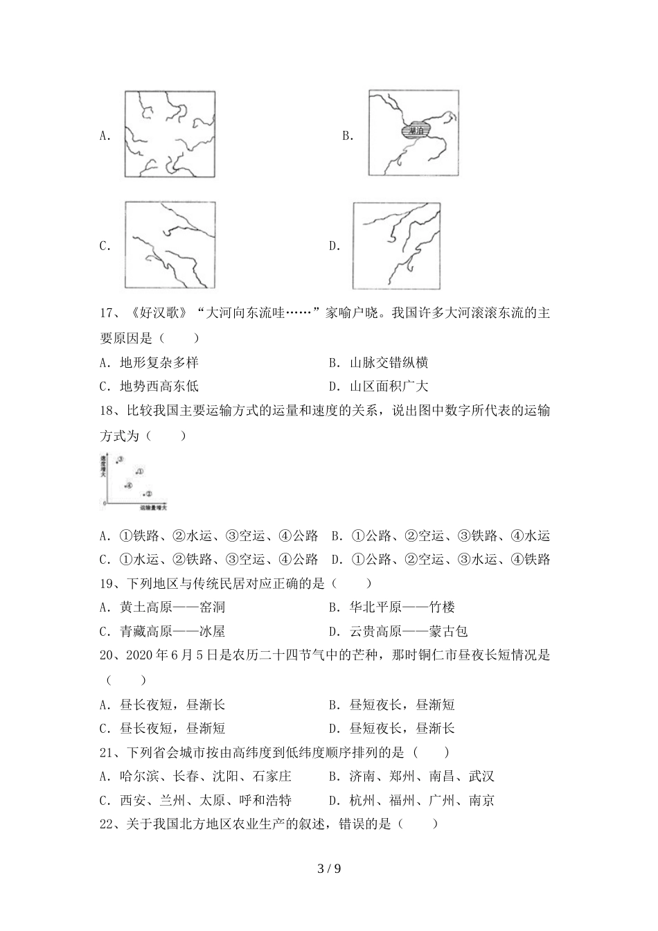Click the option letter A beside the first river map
[x=105, y=136]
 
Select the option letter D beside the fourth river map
[x=335, y=246]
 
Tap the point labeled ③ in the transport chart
[x=119, y=460]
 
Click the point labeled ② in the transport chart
[x=147, y=494]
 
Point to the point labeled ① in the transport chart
[x=139, y=472]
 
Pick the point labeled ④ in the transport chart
[x=128, y=485]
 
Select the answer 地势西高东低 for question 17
[x=159, y=387]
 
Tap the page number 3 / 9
[x=329, y=868]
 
